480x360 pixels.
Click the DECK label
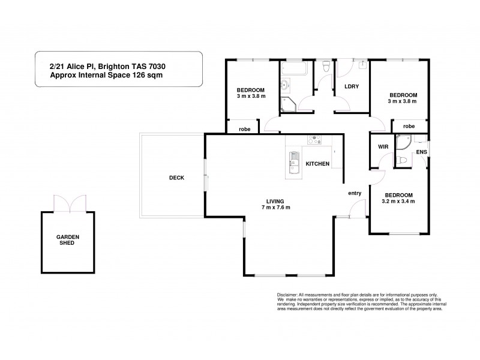tap(176, 178)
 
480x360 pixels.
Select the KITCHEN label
tap(317, 164)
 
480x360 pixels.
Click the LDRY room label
tap(351, 86)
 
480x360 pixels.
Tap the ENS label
tap(421, 152)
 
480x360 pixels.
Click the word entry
tap(355, 193)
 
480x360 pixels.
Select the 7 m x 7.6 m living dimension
tap(275, 208)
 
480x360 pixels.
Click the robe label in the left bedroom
tap(244, 129)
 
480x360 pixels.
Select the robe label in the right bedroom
tap(409, 127)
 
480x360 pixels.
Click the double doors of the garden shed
tap(71, 204)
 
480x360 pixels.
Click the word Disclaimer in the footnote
tap(290, 295)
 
